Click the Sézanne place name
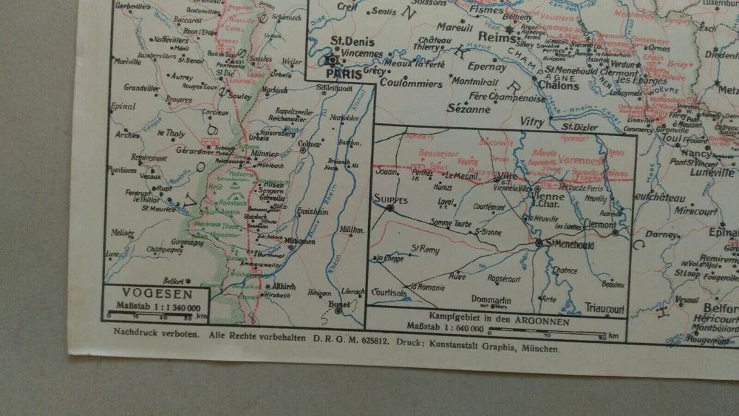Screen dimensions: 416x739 [x=469, y=109]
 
